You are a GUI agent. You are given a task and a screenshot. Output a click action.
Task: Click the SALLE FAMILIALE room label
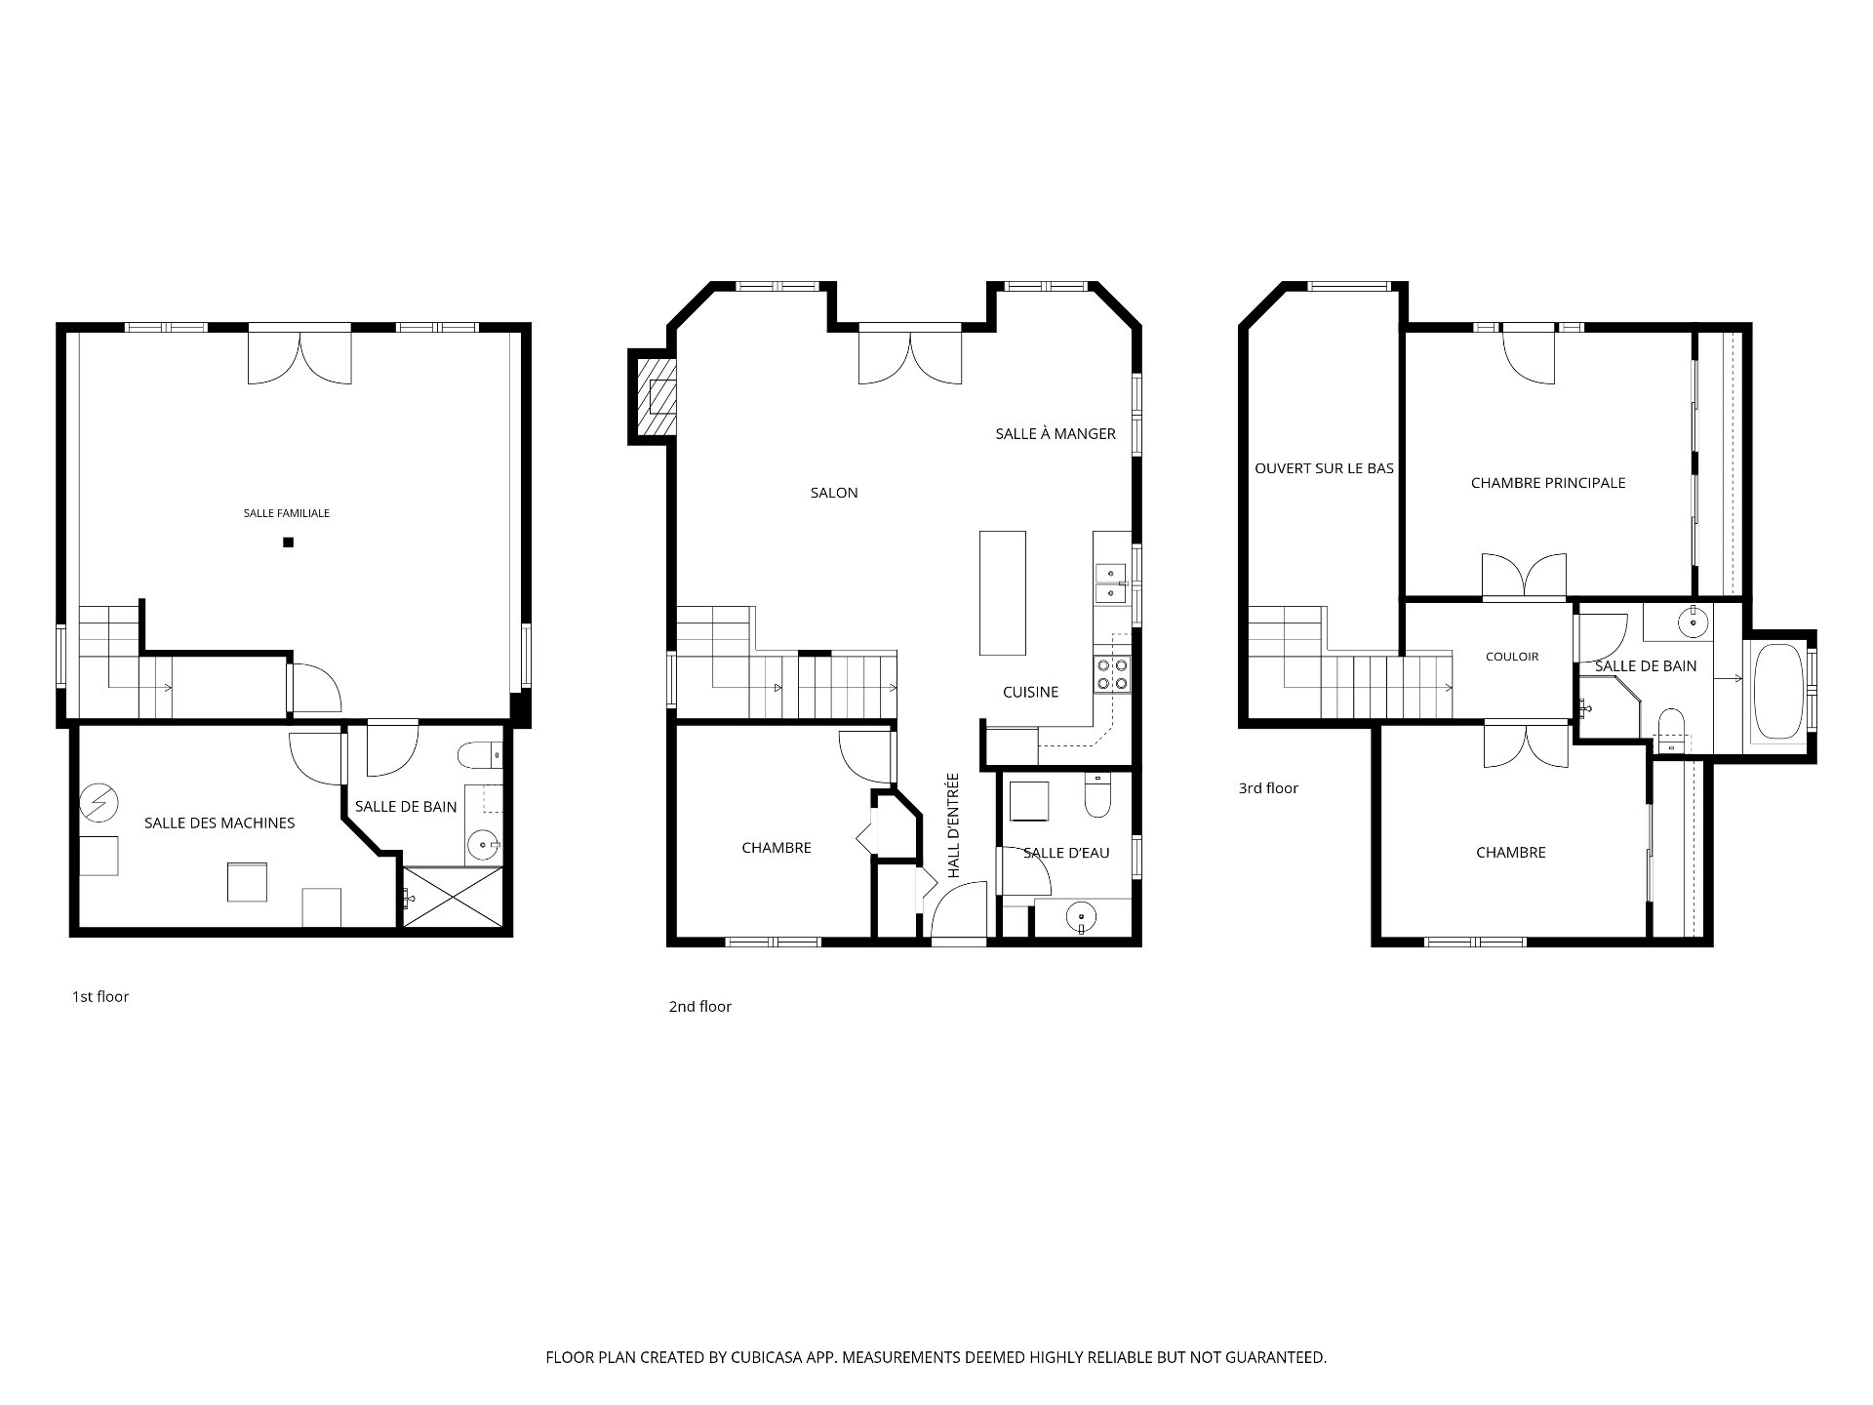(x=287, y=513)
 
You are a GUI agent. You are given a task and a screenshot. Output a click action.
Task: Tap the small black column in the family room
(x=288, y=542)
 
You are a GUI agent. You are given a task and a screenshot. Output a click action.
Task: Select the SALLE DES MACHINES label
(x=219, y=823)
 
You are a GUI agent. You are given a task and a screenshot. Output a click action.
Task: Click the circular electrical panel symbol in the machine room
(x=99, y=802)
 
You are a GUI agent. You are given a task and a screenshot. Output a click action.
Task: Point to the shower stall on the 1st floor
(x=455, y=897)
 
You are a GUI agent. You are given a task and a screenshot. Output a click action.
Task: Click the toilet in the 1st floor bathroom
(x=480, y=755)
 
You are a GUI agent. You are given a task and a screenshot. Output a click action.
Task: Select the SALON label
(x=834, y=494)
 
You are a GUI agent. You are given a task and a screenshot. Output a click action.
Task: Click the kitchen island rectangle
(x=1003, y=593)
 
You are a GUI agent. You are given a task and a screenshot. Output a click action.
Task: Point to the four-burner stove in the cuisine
(x=1113, y=673)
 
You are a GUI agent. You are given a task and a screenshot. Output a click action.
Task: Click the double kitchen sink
(x=1111, y=583)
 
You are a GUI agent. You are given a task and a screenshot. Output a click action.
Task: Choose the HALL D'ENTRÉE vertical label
(x=954, y=825)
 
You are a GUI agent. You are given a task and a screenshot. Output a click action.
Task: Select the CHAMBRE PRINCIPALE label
(x=1548, y=483)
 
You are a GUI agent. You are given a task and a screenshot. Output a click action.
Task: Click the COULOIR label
(x=1512, y=657)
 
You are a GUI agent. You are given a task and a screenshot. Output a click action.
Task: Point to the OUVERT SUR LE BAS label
(x=1324, y=469)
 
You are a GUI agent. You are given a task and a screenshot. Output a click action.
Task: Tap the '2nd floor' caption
(x=699, y=1007)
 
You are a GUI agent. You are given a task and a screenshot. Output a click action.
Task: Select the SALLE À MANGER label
(x=1056, y=434)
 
